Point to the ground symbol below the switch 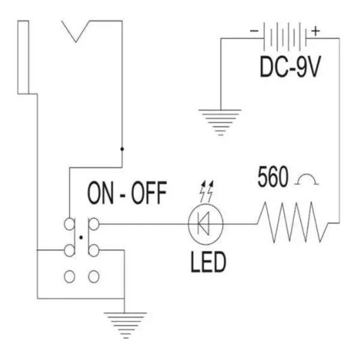(125, 324)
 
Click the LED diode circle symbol (206, 224)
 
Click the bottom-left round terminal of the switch (70, 277)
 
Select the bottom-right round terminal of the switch (93, 277)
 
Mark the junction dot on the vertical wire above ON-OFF (122, 148)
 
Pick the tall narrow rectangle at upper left (24, 57)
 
